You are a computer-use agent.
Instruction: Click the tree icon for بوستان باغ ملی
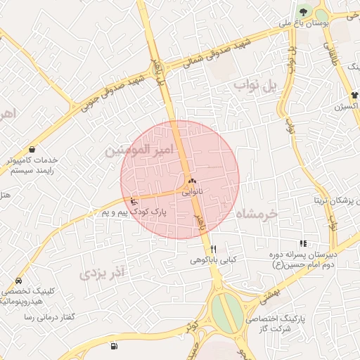(304, 11)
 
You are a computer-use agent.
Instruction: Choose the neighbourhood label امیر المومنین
(138, 150)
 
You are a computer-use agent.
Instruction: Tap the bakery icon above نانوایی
(191, 181)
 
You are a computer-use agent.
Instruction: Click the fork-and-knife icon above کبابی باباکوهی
(213, 249)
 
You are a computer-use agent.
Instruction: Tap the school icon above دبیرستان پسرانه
(303, 243)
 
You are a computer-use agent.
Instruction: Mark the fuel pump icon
(114, 347)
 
